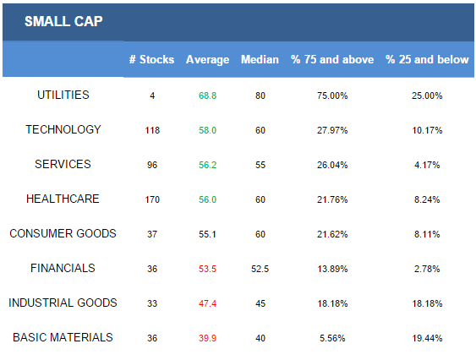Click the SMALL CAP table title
(x=63, y=21)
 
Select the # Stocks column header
(x=152, y=59)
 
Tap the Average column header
(x=208, y=60)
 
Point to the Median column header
(x=260, y=59)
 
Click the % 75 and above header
(x=332, y=59)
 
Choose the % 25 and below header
(x=427, y=59)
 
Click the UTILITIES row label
(x=63, y=95)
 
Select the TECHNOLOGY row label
(x=63, y=129)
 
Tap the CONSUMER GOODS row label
(x=63, y=233)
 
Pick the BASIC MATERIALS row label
(x=63, y=337)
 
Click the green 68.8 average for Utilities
(x=208, y=95)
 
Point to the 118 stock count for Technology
(x=152, y=130)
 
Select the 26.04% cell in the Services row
(x=332, y=165)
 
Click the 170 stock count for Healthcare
(x=152, y=199)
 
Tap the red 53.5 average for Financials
(x=208, y=269)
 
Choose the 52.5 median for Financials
(x=260, y=269)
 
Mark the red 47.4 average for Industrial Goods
(x=208, y=303)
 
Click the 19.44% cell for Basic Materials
(x=427, y=338)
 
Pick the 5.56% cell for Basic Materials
(x=332, y=338)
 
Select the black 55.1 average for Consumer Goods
(x=208, y=234)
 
